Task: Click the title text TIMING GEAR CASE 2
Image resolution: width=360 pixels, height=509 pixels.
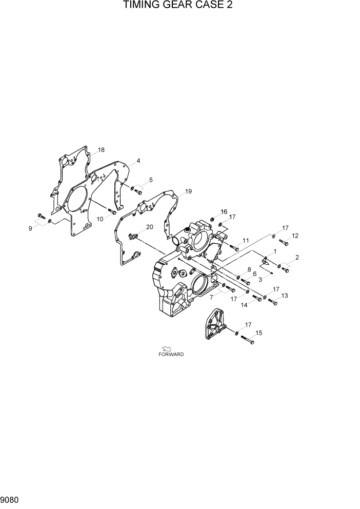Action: [174, 6]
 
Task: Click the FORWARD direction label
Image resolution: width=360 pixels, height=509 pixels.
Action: [171, 355]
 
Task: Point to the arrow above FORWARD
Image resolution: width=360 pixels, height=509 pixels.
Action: [166, 348]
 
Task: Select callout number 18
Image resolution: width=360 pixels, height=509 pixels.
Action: [101, 150]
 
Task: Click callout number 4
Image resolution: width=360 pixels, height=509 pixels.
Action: [138, 161]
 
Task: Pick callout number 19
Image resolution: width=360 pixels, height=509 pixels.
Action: [189, 191]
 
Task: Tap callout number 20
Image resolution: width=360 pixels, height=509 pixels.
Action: [150, 227]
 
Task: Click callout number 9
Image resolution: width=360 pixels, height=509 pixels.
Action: [31, 228]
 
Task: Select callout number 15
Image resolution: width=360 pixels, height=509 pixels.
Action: [259, 333]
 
